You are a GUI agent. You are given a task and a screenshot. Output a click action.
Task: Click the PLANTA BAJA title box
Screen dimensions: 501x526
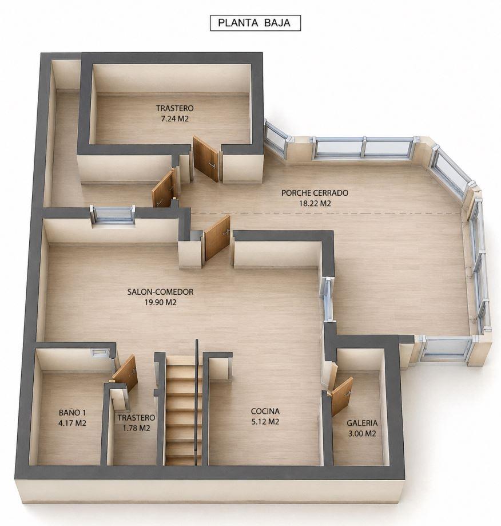255,23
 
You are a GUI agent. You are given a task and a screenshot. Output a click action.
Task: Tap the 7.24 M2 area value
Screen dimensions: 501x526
174,118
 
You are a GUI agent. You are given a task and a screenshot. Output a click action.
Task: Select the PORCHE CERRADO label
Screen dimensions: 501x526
315,193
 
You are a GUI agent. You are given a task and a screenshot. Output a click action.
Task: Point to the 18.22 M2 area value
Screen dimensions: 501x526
315,203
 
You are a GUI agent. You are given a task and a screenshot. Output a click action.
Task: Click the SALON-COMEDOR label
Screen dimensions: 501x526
160,292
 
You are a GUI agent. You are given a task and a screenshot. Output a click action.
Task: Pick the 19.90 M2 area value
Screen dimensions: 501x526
160,302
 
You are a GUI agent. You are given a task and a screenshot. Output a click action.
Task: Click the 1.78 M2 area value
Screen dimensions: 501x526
136,428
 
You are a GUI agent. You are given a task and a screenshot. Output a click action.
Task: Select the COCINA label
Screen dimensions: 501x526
265,412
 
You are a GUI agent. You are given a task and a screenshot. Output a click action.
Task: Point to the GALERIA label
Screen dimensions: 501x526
362,424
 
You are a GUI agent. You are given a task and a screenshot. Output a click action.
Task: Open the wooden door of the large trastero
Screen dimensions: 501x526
205,159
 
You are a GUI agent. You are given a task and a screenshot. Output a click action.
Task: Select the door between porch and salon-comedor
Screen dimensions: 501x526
217,238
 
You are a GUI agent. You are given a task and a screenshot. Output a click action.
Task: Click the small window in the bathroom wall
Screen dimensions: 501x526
100,353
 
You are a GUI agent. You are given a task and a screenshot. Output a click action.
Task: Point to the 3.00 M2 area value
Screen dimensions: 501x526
362,434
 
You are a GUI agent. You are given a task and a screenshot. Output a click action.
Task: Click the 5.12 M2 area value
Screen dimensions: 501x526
265,422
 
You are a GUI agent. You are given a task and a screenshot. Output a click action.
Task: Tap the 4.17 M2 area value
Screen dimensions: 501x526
73,423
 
